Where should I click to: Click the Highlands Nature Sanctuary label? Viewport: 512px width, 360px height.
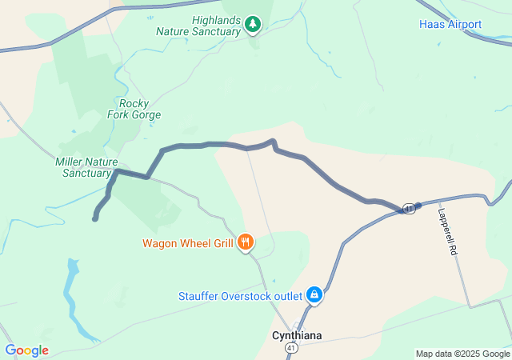pyautogui.click(x=205, y=26)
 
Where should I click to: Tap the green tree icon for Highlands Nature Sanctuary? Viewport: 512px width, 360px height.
pyautogui.click(x=253, y=24)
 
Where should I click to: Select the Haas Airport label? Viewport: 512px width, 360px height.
pyautogui.click(x=450, y=24)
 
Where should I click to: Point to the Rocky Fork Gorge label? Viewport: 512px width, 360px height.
pyautogui.click(x=134, y=109)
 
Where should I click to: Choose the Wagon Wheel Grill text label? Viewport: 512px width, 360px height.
pyautogui.click(x=187, y=243)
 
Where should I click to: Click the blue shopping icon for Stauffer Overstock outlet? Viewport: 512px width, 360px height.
pyautogui.click(x=315, y=295)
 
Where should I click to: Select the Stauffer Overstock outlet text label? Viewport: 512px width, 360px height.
pyautogui.click(x=241, y=296)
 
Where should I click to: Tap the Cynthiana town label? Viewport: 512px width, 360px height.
pyautogui.click(x=297, y=335)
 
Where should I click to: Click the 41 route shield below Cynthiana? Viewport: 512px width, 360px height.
pyautogui.click(x=293, y=349)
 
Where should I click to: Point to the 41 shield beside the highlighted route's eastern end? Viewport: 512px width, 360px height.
pyautogui.click(x=408, y=208)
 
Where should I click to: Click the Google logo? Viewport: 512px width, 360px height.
pyautogui.click(x=26, y=350)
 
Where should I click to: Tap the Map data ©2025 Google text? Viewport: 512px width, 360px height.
pyautogui.click(x=462, y=354)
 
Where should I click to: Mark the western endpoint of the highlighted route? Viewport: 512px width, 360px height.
pyautogui.click(x=95, y=218)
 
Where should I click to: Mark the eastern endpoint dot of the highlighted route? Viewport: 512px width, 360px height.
pyautogui.click(x=418, y=206)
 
